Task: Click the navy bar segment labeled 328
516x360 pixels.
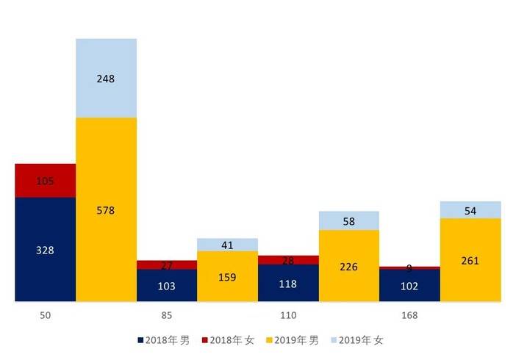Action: click(45, 250)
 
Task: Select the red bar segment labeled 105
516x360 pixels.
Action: click(45, 181)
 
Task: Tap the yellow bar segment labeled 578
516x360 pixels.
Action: click(106, 210)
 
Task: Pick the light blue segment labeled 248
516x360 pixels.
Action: click(106, 79)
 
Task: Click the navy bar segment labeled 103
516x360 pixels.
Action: click(167, 286)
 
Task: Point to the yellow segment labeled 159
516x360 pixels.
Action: click(227, 277)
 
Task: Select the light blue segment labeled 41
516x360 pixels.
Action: click(227, 245)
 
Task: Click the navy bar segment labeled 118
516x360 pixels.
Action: click(288, 284)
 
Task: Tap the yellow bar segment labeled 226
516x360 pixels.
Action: click(348, 266)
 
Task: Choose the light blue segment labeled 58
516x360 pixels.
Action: click(348, 220)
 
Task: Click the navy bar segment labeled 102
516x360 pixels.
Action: click(409, 286)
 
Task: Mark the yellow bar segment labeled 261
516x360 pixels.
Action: click(470, 260)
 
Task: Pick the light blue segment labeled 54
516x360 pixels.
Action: click(470, 210)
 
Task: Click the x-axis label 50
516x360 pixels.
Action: click(45, 316)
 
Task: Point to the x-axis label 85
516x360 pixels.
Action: click(167, 316)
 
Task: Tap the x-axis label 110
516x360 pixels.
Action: click(288, 316)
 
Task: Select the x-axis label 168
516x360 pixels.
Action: click(409, 316)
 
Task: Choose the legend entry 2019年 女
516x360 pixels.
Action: click(358, 340)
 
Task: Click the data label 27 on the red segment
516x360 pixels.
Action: click(167, 264)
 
